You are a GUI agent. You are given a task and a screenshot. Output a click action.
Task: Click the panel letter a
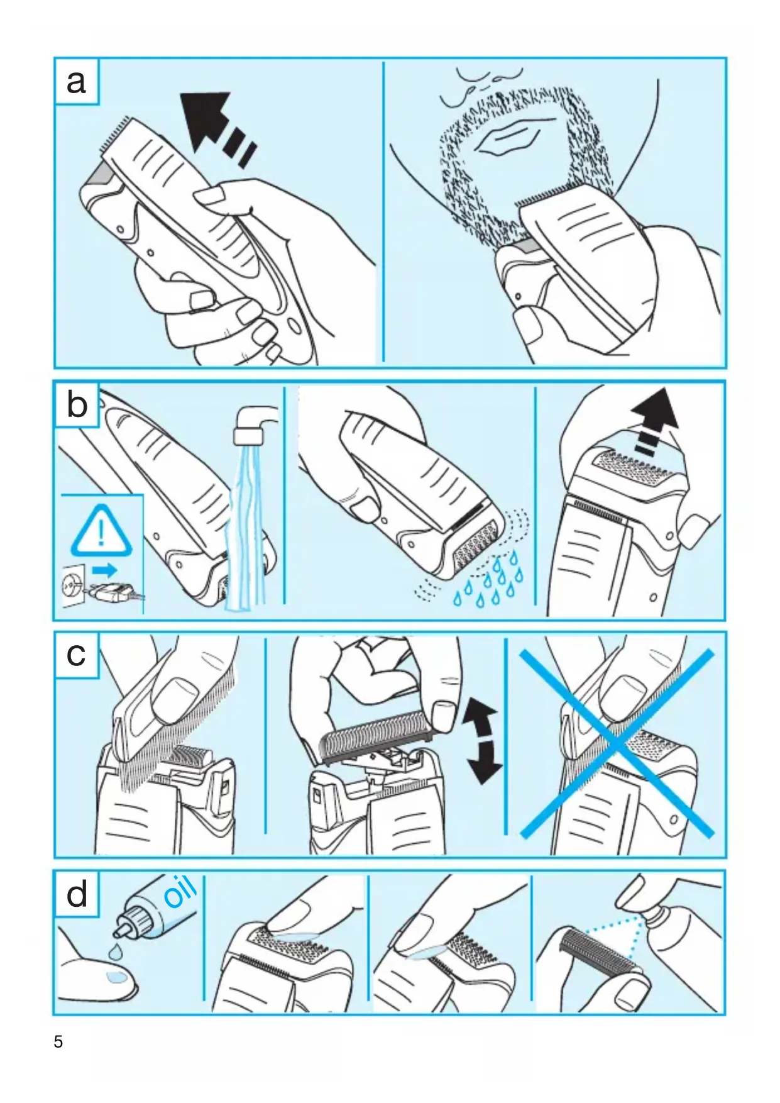tap(76, 82)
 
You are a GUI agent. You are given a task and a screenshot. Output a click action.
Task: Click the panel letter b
tap(77, 404)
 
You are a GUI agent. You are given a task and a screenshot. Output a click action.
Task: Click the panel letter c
tap(76, 655)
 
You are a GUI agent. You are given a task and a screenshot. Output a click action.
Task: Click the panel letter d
tap(77, 894)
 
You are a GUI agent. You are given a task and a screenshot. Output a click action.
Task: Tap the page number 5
tap(58, 1042)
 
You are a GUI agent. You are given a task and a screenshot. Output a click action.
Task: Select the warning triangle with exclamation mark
tap(101, 531)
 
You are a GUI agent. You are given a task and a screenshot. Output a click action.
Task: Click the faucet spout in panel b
tap(255, 424)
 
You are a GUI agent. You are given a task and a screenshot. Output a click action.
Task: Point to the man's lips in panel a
tap(507, 139)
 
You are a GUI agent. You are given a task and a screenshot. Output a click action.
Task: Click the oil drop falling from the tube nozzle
tap(114, 951)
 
